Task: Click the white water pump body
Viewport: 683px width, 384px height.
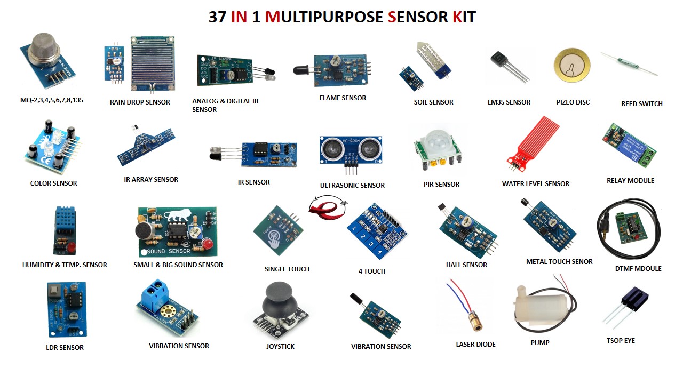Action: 536,310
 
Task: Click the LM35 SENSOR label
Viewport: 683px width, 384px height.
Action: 509,102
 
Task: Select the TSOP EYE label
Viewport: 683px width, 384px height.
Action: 621,340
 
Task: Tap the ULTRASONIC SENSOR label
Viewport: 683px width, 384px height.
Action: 352,185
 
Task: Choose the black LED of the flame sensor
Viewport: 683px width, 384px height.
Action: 300,69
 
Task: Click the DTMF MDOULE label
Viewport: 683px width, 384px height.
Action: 638,268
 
